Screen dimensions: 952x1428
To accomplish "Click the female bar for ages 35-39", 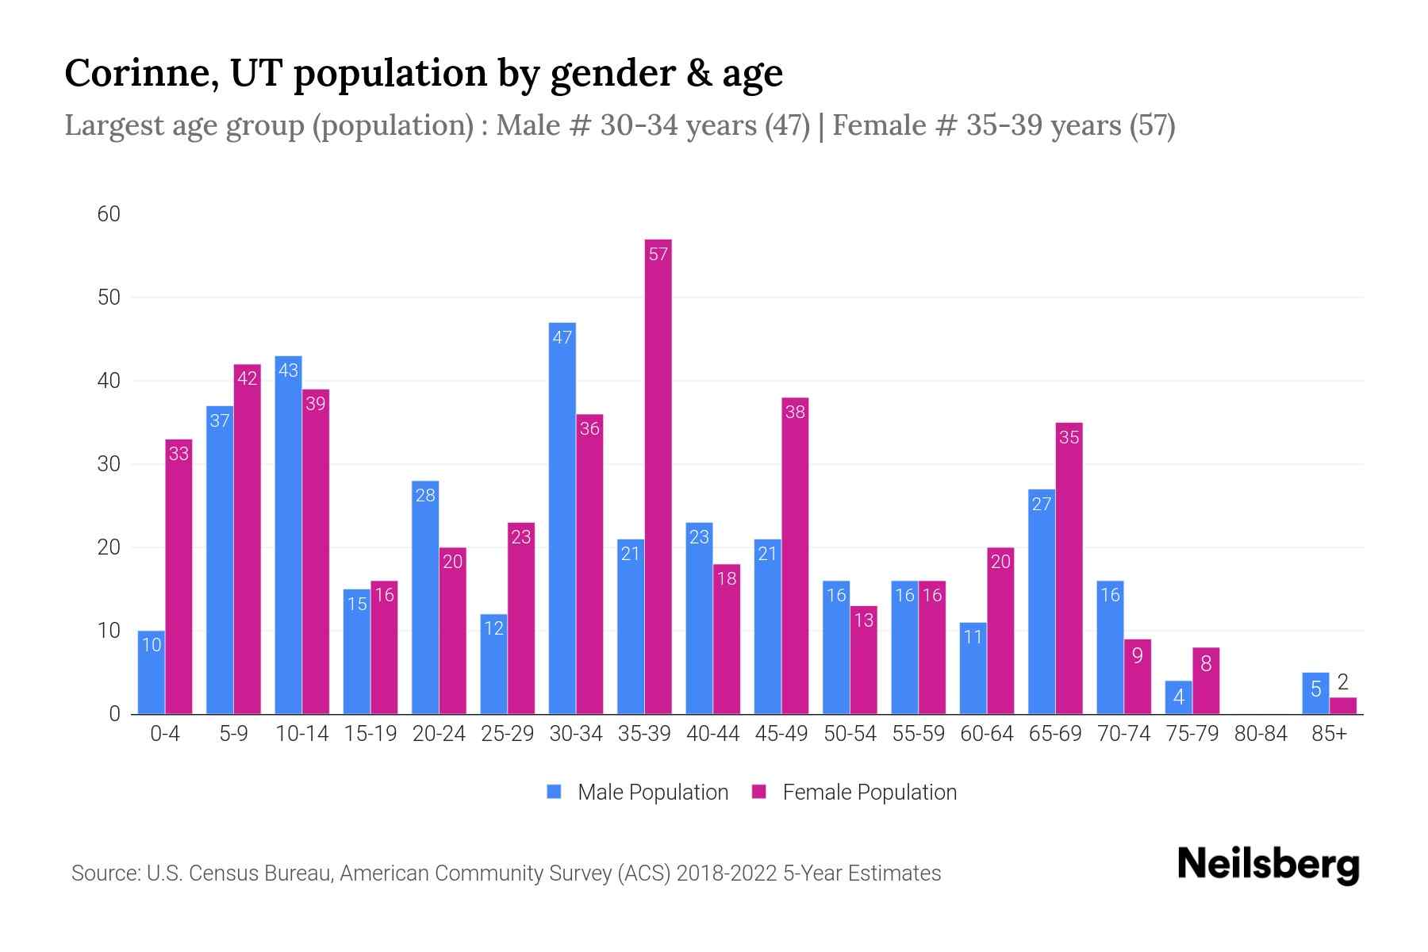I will coord(658,476).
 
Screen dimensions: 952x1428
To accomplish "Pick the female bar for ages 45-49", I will coord(795,555).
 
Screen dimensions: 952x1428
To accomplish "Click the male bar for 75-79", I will coord(1178,697).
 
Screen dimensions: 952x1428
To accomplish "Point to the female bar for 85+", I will coord(1342,706).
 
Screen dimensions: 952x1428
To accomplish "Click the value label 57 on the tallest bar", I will coord(658,254).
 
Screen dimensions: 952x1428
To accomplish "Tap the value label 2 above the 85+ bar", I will coord(1342,681).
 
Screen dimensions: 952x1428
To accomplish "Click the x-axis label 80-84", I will coord(1260,734).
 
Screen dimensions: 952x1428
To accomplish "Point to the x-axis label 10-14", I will coord(301,734).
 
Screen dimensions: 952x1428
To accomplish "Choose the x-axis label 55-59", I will coord(918,734).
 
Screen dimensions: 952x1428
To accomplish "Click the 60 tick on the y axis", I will coord(109,214).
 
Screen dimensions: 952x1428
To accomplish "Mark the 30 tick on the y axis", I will coord(109,464).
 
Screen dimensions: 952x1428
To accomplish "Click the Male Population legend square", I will coord(555,792).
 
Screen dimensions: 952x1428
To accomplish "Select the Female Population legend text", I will coord(869,792).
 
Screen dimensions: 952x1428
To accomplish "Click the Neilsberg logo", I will coord(1268,864).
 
